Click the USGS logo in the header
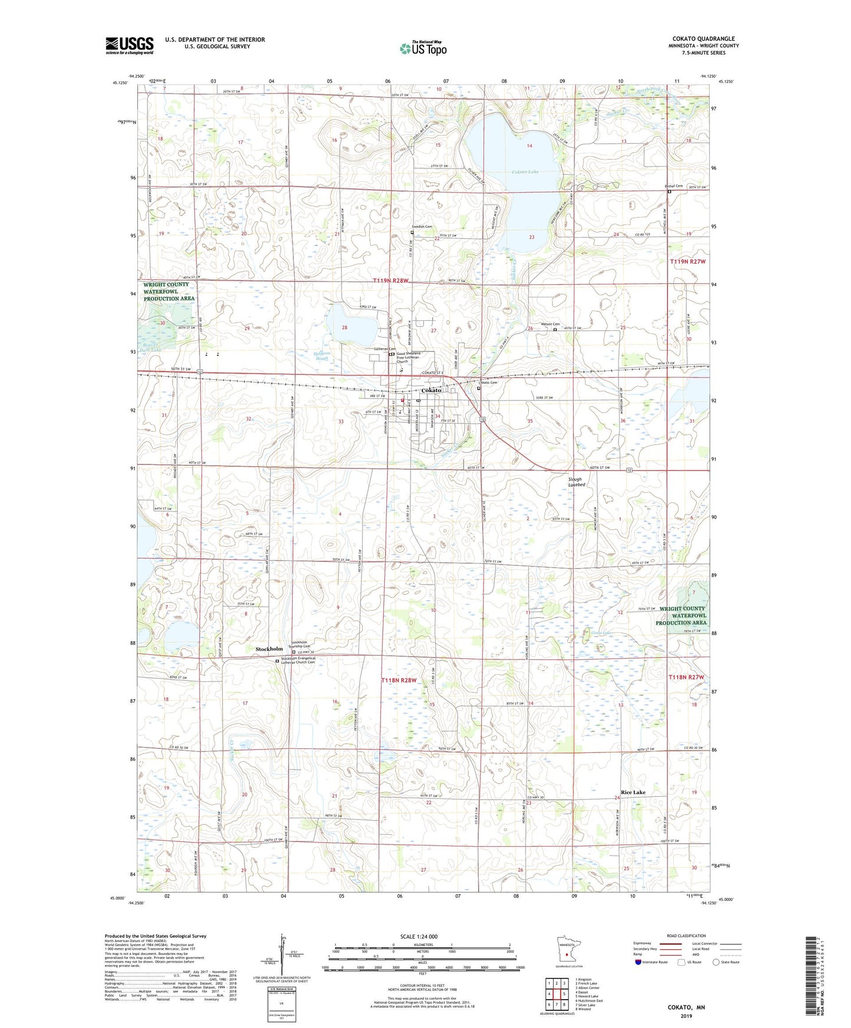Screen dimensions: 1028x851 click(x=129, y=45)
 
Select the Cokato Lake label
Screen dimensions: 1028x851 click(x=525, y=172)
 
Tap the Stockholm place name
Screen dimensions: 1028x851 click(x=269, y=649)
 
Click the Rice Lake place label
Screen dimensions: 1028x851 click(x=633, y=792)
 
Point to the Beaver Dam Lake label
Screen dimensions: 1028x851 click(x=150, y=347)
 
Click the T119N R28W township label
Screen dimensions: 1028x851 click(x=390, y=281)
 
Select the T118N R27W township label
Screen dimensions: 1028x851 click(x=687, y=678)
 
